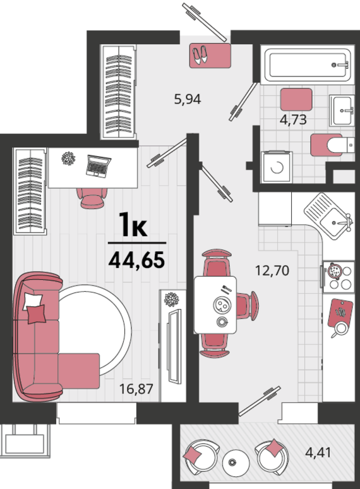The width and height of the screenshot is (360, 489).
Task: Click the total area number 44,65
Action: pyautogui.click(x=136, y=260)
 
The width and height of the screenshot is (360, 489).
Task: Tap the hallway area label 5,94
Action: pyautogui.click(x=188, y=99)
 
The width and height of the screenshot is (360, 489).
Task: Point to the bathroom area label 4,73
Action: pyautogui.click(x=293, y=119)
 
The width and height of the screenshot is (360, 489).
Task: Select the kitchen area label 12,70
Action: pyautogui.click(x=272, y=270)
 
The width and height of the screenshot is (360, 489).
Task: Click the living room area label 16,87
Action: pyautogui.click(x=136, y=389)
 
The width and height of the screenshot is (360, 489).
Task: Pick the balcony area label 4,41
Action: pyautogui.click(x=318, y=452)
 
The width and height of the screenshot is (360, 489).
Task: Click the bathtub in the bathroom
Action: pyautogui.click(x=308, y=65)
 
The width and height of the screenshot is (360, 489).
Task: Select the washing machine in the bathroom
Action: pyautogui.click(x=277, y=167)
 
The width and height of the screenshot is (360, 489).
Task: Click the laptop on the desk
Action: pyautogui.click(x=98, y=166)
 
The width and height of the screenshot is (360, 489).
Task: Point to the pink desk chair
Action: pyautogui.click(x=92, y=198)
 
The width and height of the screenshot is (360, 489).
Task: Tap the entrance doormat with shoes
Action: pyautogui.click(x=210, y=56)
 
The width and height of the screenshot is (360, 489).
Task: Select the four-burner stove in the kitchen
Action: pyautogui.click(x=339, y=277)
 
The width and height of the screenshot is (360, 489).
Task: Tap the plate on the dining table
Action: pyautogui.click(x=222, y=305)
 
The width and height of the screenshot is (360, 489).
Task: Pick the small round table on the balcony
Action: pyautogui.click(x=236, y=462)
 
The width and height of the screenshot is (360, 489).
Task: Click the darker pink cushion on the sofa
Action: pyautogui.click(x=37, y=315)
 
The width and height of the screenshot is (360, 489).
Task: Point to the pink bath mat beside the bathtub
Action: pyautogui.click(x=296, y=99)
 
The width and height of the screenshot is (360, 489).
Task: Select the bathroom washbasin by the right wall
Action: pyautogui.click(x=342, y=111)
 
